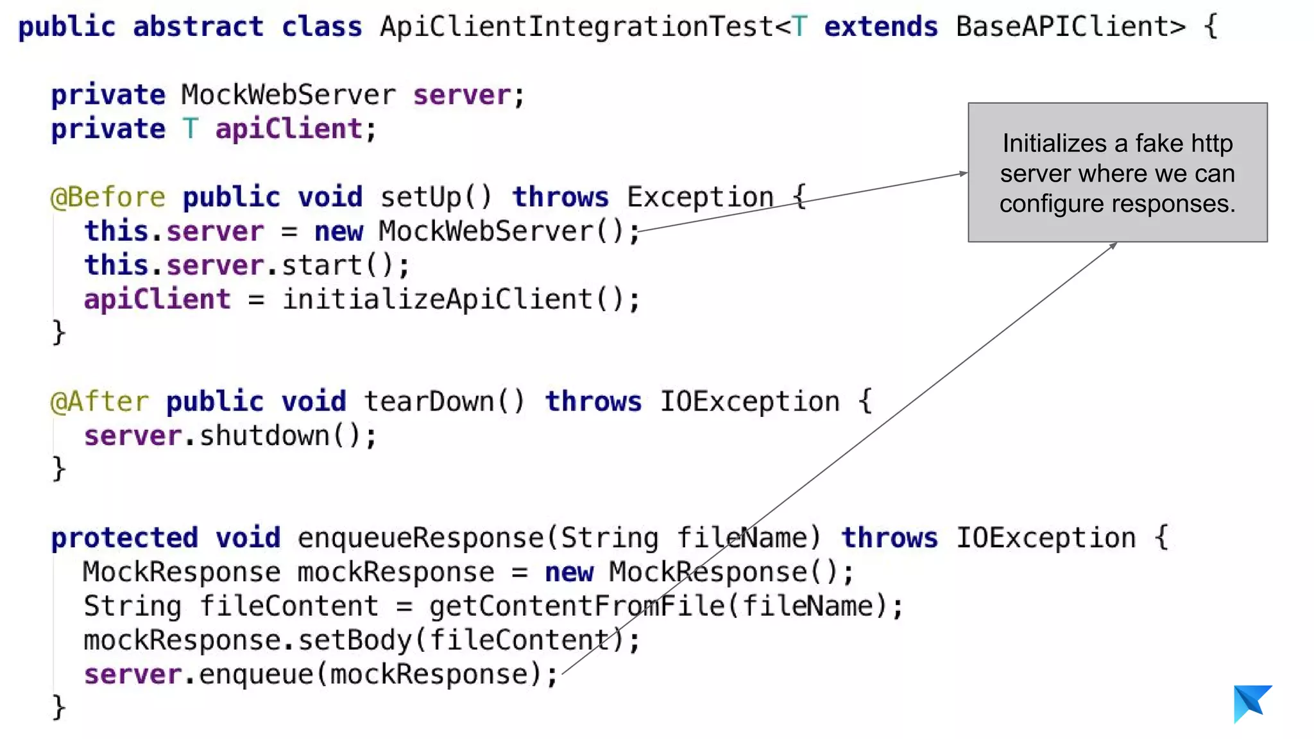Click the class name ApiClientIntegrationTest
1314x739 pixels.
576,27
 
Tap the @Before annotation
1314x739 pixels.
108,197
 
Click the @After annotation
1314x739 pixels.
99,402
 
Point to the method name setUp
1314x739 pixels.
420,197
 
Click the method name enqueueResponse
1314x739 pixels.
420,538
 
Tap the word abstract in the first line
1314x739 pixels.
198,27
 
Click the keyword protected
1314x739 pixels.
124,538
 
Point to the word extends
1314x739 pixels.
880,27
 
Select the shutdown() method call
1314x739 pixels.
280,436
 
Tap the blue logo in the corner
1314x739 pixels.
1251,703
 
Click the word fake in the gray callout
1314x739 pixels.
1159,144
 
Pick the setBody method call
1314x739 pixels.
355,640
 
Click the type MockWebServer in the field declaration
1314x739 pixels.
288,95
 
